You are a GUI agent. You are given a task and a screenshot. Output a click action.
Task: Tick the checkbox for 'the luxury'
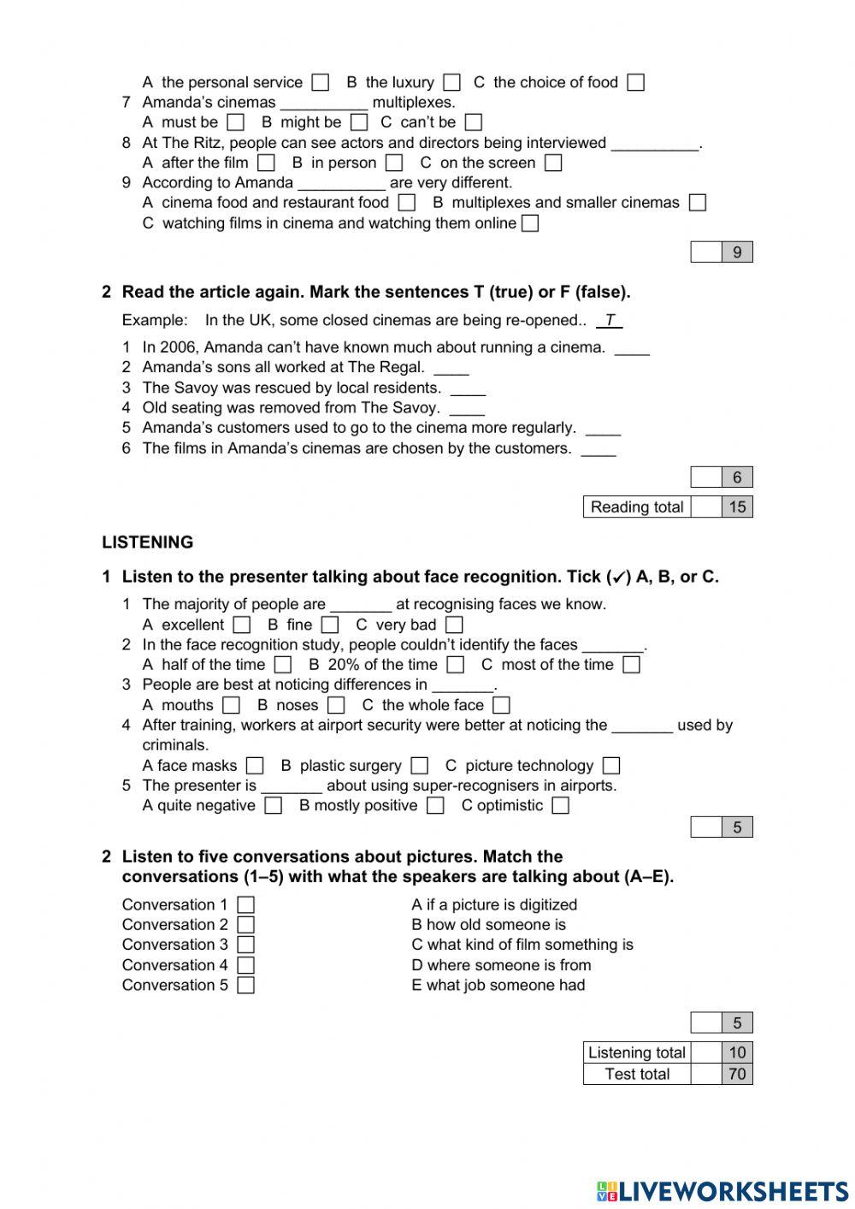tap(452, 83)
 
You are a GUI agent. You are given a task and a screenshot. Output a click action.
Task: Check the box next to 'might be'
tap(359, 123)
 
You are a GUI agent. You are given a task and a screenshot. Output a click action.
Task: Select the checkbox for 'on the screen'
tap(553, 163)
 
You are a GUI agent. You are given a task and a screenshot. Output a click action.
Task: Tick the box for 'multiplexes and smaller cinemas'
tap(698, 203)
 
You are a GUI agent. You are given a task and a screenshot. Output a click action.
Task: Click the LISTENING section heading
tap(147, 542)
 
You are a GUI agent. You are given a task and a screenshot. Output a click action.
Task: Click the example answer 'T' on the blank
tap(609, 320)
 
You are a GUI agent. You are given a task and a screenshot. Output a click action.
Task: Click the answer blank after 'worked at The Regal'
tap(451, 369)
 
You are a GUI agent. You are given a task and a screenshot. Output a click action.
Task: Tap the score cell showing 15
tap(737, 507)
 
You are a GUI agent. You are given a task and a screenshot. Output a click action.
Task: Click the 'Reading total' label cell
tap(637, 507)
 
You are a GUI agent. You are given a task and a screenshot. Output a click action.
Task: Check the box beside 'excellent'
tap(242, 625)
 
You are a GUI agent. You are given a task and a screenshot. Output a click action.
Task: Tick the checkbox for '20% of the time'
tap(456, 665)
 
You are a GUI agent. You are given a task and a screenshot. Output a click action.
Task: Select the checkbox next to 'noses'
tap(336, 706)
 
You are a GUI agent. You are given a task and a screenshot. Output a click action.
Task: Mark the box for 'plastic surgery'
tap(419, 766)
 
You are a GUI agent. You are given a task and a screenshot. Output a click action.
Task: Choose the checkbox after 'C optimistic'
tap(560, 806)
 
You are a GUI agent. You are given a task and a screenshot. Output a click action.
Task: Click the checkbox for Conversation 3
tap(246, 945)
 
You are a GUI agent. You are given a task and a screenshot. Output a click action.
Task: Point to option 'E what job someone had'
tap(498, 985)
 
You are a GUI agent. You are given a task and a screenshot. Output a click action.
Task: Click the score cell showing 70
tap(737, 1074)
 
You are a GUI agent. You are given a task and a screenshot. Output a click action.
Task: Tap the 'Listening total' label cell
tap(637, 1052)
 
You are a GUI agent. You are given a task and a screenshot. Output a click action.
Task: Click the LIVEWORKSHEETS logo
tap(722, 1191)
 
